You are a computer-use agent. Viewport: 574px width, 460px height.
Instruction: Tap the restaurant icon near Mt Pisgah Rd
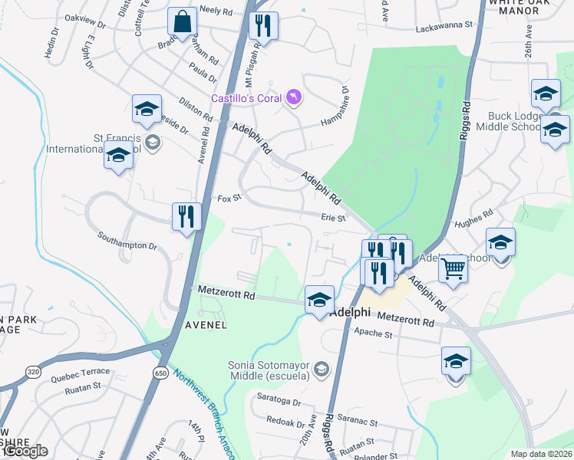point(263,26)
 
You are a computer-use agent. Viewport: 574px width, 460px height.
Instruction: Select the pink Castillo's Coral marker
point(293,97)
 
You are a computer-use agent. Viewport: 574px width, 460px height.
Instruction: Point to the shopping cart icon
point(454,270)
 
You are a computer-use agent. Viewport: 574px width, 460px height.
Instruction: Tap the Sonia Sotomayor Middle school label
point(268,370)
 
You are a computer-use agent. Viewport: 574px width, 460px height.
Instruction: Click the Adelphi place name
point(350,313)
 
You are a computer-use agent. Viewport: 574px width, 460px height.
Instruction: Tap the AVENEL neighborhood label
point(206,324)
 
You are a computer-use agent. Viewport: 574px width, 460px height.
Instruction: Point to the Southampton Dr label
point(127,240)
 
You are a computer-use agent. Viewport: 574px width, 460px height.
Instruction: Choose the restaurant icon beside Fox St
point(186,217)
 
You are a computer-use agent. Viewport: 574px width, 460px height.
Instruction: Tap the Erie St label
point(335,217)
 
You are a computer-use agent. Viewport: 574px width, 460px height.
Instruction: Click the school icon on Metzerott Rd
point(319,299)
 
